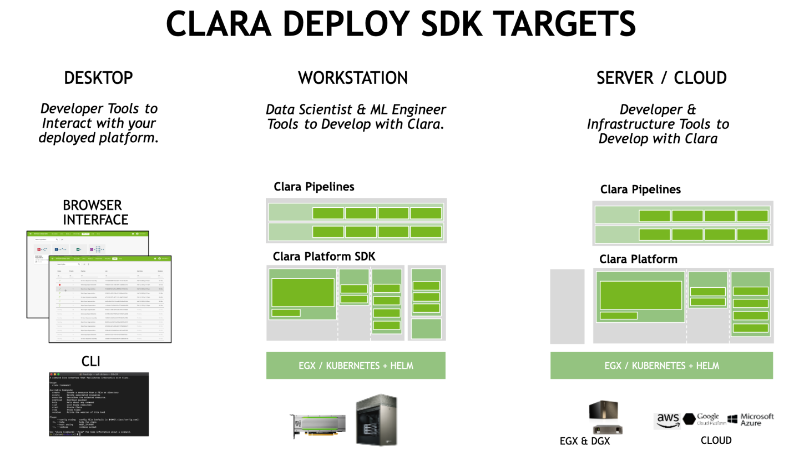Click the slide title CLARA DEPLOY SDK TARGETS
[401, 23]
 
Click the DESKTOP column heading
[98, 78]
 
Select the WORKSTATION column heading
[353, 78]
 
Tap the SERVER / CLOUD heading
[661, 78]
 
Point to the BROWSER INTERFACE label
[95, 212]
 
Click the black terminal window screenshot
[99, 404]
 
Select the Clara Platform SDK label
[324, 257]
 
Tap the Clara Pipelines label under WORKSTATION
[314, 187]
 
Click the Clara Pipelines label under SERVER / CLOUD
[640, 190]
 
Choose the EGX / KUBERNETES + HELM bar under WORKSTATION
[356, 366]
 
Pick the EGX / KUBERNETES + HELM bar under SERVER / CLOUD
[661, 366]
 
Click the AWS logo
[667, 421]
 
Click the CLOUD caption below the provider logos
[715, 441]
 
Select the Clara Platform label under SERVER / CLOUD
[638, 259]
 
